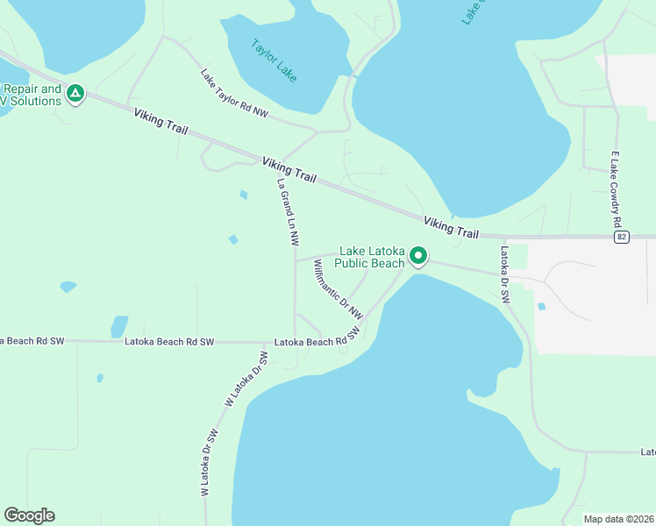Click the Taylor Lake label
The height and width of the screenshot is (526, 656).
pyautogui.click(x=274, y=60)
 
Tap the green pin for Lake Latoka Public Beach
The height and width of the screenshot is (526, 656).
pyautogui.click(x=419, y=256)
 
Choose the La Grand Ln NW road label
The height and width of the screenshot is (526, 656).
pyautogui.click(x=289, y=211)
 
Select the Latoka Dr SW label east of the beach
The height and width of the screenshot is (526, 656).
pyautogui.click(x=505, y=274)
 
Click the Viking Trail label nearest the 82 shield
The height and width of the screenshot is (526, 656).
pyautogui.click(x=451, y=228)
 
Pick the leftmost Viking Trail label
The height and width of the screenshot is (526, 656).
pyautogui.click(x=160, y=122)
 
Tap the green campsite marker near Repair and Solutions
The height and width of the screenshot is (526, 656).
pyautogui.click(x=75, y=93)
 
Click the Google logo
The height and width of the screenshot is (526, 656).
pyautogui.click(x=29, y=515)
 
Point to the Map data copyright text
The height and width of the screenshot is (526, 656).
pyautogui.click(x=619, y=519)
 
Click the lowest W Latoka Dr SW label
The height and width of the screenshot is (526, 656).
pyautogui.click(x=208, y=464)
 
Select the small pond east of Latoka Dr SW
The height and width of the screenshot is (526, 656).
pyautogui.click(x=540, y=307)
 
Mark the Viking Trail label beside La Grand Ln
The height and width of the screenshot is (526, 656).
pyautogui.click(x=289, y=170)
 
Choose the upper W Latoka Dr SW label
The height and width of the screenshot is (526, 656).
pyautogui.click(x=246, y=379)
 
